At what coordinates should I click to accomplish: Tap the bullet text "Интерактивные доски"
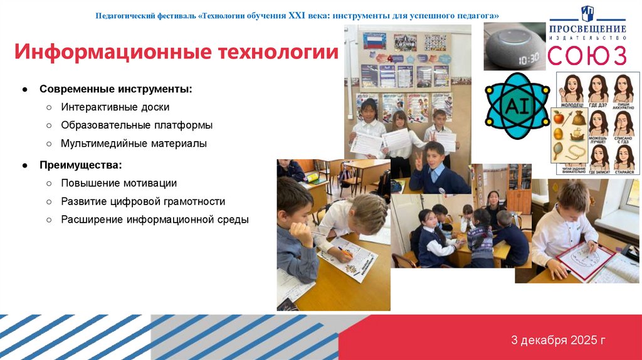[x=115, y=107]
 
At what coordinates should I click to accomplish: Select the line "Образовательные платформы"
[x=137, y=125]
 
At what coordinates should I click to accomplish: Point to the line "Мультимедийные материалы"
[x=134, y=144]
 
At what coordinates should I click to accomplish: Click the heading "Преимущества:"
[x=81, y=165]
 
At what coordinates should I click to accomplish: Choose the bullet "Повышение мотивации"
[x=118, y=183]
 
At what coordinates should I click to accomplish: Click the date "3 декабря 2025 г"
[x=558, y=341]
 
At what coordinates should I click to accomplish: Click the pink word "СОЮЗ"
[x=587, y=55]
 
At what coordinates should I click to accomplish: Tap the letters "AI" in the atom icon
[x=517, y=105]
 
